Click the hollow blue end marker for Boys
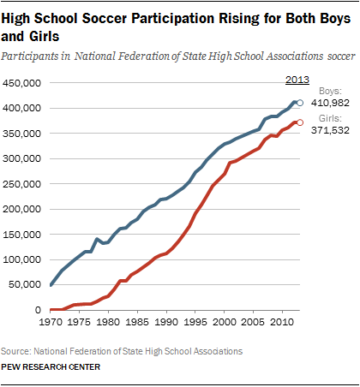coord(300,103)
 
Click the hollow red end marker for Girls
coord(300,122)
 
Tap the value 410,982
coord(330,103)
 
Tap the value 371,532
coord(330,130)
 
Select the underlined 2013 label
coord(297,80)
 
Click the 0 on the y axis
coord(38,310)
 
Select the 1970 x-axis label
coord(51,322)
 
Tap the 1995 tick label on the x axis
coord(195,322)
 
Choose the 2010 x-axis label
coord(282,322)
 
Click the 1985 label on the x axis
coord(137,322)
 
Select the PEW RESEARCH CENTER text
coord(51,367)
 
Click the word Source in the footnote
coord(15,351)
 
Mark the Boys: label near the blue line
coord(330,91)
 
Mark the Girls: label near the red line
coord(330,118)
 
